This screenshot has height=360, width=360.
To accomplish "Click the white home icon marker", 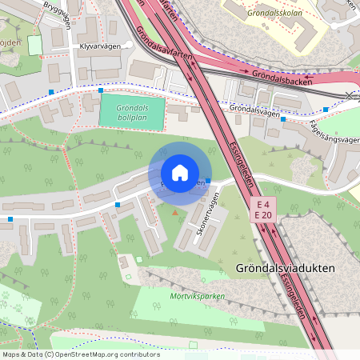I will tap(180, 173).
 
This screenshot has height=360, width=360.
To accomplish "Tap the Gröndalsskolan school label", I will tap(274, 14).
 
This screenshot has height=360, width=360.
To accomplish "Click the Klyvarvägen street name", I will tap(100, 46).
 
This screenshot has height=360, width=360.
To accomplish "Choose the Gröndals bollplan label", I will tap(132, 111).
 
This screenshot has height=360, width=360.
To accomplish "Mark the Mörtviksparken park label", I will tap(198, 295).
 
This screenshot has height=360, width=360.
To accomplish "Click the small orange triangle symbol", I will tap(175, 212).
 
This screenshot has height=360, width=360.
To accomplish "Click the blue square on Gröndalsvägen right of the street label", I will tap(326, 109).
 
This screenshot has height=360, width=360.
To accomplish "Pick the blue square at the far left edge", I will tap(10, 218).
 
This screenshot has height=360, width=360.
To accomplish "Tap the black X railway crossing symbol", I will tap(349, 95).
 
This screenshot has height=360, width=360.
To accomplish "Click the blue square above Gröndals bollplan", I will tap(101, 90).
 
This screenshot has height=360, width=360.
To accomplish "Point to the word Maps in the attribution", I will tap(12, 354).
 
